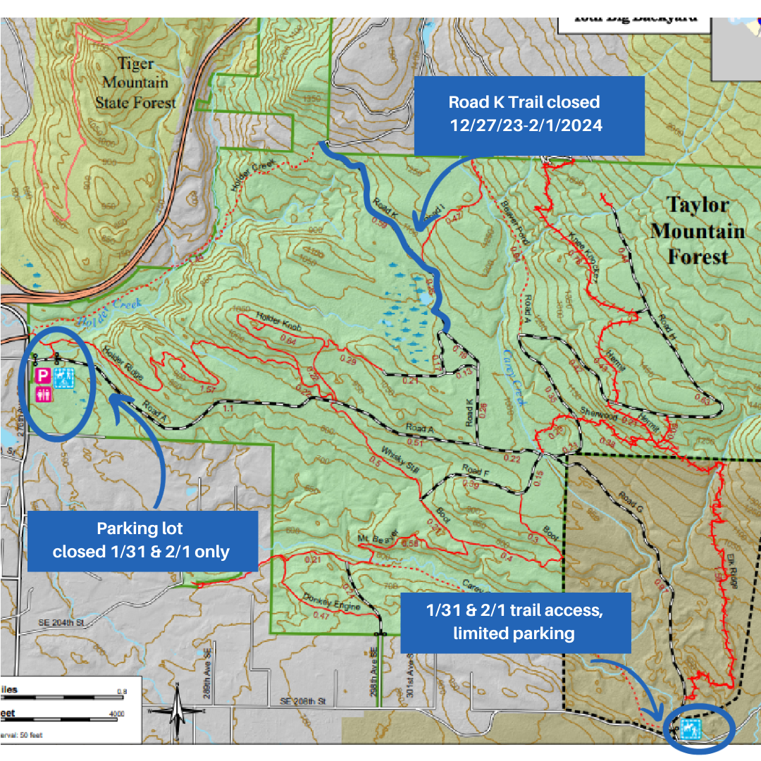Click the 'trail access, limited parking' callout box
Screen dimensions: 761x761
pyautogui.click(x=515, y=623)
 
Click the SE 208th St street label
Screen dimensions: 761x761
pyautogui.click(x=303, y=702)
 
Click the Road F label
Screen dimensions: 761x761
pyautogui.click(x=475, y=471)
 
